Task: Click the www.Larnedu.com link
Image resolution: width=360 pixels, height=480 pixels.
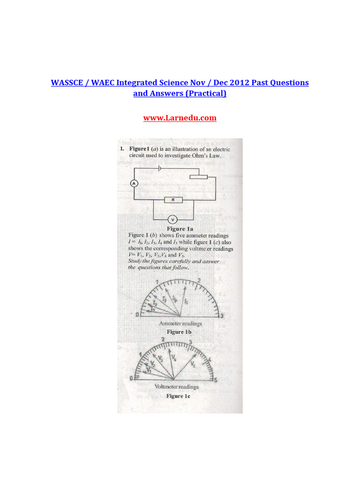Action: (x=180, y=118)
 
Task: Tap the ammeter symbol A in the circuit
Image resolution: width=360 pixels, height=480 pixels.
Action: (x=134, y=184)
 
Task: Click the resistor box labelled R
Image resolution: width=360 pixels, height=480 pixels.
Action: (x=173, y=200)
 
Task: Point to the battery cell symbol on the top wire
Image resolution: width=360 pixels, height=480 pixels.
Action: (x=160, y=167)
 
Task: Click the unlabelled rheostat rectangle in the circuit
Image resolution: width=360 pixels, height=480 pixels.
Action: (x=198, y=177)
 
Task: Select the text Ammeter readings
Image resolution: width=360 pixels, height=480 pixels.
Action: (x=180, y=324)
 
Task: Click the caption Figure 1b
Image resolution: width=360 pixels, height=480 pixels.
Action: (x=180, y=332)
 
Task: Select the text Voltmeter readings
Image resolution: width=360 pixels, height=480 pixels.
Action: (x=177, y=387)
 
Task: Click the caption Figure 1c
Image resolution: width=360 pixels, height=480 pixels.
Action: (x=178, y=396)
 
